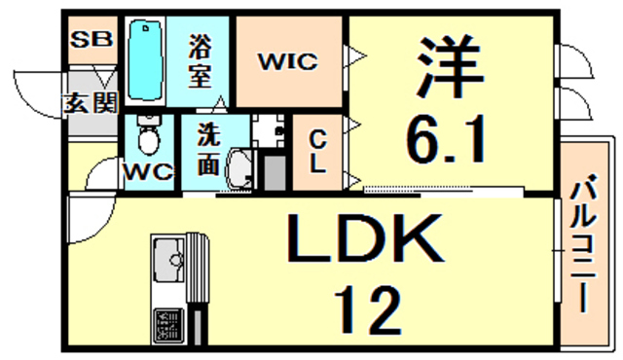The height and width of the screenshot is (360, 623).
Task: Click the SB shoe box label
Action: tap(91, 40)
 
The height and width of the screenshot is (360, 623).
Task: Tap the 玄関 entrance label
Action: tap(91, 101)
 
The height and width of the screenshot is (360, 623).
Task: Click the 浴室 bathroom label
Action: tap(202, 60)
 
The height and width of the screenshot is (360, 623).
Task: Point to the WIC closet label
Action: tap(287, 62)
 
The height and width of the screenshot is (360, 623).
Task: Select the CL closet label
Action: tap(317, 151)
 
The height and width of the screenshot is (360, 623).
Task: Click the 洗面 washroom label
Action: tap(207, 151)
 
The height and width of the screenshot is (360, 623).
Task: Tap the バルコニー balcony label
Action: tap(586, 243)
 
